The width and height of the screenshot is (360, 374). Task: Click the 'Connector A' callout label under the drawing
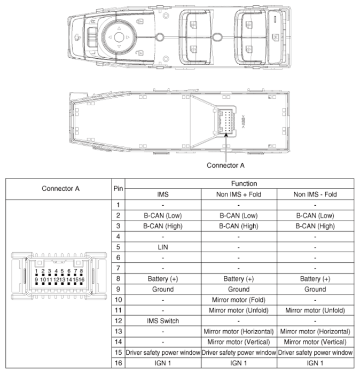225,165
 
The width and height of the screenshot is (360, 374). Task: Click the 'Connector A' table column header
60,189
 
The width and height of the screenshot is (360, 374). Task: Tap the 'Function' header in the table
239,183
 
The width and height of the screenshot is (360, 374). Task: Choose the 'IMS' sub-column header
162,194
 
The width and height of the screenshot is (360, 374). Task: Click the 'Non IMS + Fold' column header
238,194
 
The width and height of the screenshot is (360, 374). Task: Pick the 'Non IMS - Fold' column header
315,194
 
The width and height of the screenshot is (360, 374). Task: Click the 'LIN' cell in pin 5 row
162,247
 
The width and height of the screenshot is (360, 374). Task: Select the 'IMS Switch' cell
162,321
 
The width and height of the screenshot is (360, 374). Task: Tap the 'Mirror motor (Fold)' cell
238,300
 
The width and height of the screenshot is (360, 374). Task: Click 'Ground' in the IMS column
162,289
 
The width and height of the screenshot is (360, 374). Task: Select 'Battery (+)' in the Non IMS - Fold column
315,279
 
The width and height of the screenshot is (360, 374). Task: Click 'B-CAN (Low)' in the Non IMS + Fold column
238,216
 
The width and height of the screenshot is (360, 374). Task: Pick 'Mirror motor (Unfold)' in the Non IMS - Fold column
315,310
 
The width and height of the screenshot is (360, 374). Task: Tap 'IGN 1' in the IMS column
162,363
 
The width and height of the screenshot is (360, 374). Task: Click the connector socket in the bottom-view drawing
224,120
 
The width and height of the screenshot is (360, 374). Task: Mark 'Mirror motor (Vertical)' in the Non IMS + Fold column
238,342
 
